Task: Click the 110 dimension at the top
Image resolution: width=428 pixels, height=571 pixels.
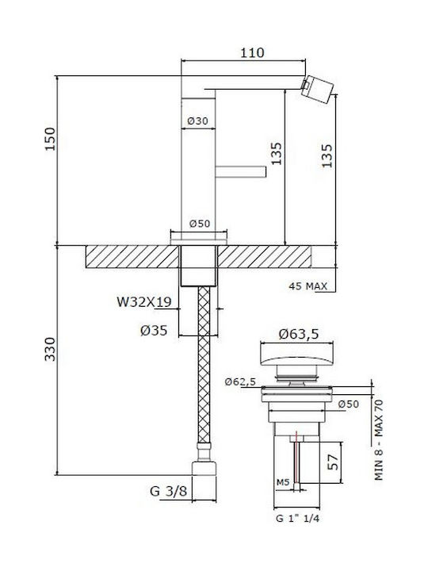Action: click(x=252, y=53)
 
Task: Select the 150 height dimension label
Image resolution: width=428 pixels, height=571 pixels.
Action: click(x=50, y=139)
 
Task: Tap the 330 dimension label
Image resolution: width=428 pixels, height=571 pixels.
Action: click(x=50, y=349)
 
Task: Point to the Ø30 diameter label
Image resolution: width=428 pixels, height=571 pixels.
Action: click(x=197, y=121)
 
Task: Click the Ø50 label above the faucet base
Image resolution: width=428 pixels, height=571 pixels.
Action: click(x=200, y=223)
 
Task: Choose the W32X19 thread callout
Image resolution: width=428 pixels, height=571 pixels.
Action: click(x=143, y=302)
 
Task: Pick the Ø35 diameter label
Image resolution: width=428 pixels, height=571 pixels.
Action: click(x=154, y=330)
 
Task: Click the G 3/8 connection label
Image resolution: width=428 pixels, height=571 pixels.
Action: click(x=168, y=491)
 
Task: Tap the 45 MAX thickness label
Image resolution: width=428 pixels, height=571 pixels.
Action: click(x=308, y=286)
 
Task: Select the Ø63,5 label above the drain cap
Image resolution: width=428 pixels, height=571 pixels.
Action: click(x=299, y=334)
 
